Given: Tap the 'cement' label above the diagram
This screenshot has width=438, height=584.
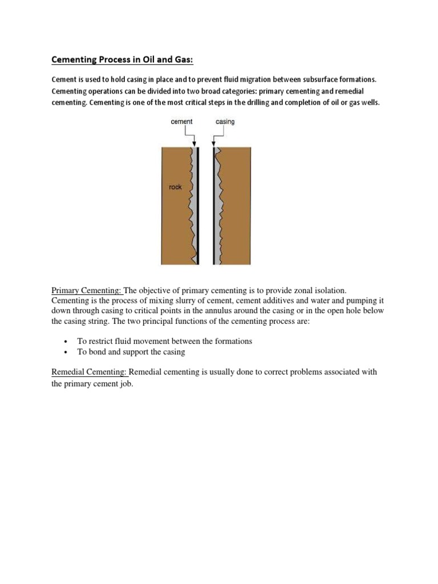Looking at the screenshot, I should coord(182,121).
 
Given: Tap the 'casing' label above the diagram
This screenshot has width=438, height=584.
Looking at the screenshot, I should coord(225,121).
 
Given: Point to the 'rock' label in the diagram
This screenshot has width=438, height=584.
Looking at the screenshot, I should coord(175,187).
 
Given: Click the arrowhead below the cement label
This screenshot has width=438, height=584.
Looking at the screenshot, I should coord(194,144).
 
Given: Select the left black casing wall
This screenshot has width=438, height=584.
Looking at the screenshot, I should coord(198,205).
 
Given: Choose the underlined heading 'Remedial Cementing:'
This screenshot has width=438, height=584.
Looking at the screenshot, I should coord(90,372).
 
